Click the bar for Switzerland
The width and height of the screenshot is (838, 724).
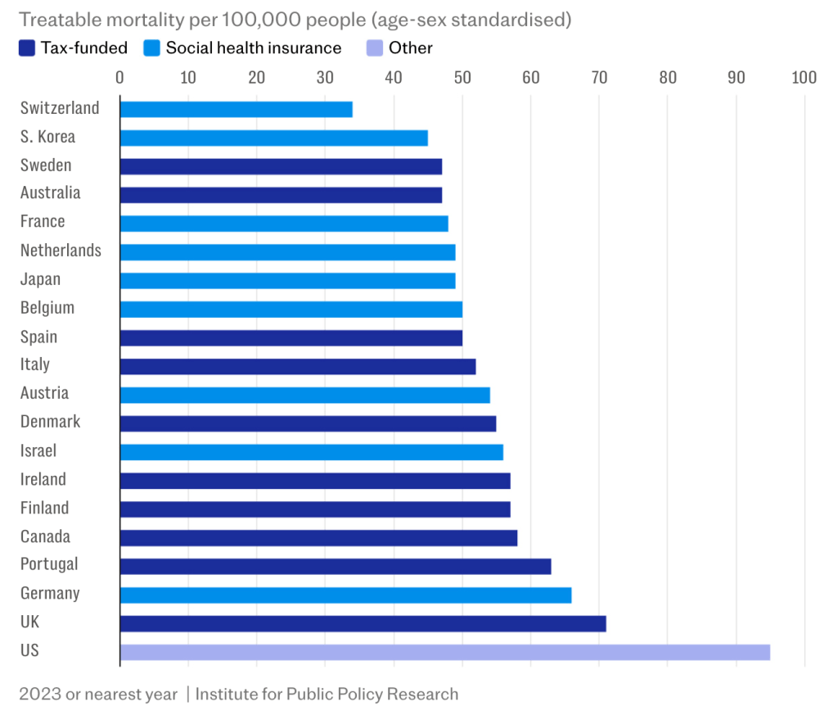pos(236,109)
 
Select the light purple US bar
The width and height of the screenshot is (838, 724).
pos(444,652)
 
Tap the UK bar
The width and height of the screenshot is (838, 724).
pos(363,623)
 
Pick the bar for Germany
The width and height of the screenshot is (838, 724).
pos(345,595)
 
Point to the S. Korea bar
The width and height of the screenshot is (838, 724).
pos(273,138)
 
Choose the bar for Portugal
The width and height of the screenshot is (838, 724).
pos(335,566)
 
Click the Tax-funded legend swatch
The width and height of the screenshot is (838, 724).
pos(26,48)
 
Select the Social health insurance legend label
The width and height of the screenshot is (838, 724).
pos(253,48)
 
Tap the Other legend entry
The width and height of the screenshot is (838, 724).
pos(410,48)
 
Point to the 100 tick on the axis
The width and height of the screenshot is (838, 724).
pos(804,78)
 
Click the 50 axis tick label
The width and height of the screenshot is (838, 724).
pos(462,78)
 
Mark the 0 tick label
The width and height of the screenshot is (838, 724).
pos(120,78)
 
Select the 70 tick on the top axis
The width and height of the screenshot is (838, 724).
pos(599,78)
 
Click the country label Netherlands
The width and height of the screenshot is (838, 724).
pos(61,251)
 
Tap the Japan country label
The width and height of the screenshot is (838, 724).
pos(40,279)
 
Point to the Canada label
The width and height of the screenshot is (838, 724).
pos(45,537)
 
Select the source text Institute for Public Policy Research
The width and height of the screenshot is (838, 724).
pos(327,695)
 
